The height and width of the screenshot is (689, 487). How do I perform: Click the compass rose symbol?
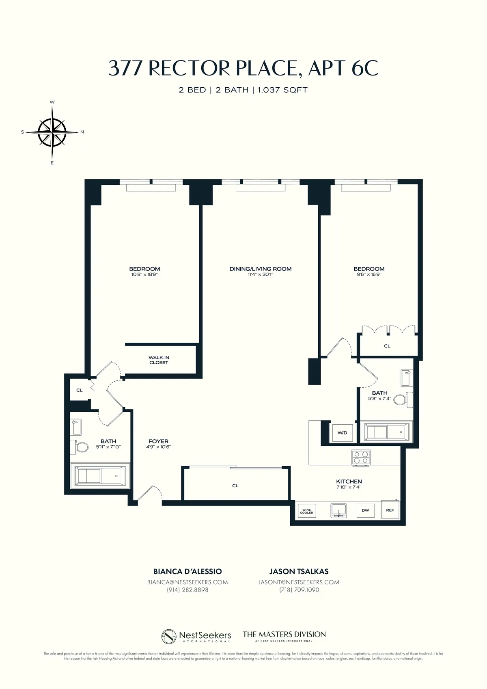(x=52, y=132)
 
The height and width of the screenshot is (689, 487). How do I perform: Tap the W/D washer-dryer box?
(x=342, y=433)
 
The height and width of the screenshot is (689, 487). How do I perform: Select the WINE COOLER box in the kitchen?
(x=306, y=511)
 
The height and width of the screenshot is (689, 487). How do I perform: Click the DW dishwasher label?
(x=365, y=510)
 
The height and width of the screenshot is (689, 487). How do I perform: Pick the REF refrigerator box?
(x=390, y=510)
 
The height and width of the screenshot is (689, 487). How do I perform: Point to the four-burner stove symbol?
(x=361, y=458)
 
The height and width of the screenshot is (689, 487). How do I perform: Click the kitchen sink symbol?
(x=338, y=510)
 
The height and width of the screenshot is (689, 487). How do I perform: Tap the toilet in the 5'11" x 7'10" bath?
(x=80, y=447)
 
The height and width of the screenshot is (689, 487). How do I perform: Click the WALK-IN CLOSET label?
(x=159, y=360)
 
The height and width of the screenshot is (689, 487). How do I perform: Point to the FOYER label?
(x=158, y=441)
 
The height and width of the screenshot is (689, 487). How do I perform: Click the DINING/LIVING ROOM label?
(x=261, y=269)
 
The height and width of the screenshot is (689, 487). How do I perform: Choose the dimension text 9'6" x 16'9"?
(x=369, y=274)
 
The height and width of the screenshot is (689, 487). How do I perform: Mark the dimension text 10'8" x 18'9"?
(x=144, y=274)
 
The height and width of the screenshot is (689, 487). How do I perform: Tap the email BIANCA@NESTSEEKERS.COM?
(x=187, y=582)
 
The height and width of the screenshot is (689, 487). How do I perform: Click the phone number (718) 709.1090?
(x=299, y=590)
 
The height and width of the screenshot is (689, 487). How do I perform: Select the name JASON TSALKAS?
(x=299, y=571)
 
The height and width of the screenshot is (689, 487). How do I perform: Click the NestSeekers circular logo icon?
(x=169, y=636)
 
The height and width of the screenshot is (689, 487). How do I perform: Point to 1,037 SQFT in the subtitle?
(x=282, y=90)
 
